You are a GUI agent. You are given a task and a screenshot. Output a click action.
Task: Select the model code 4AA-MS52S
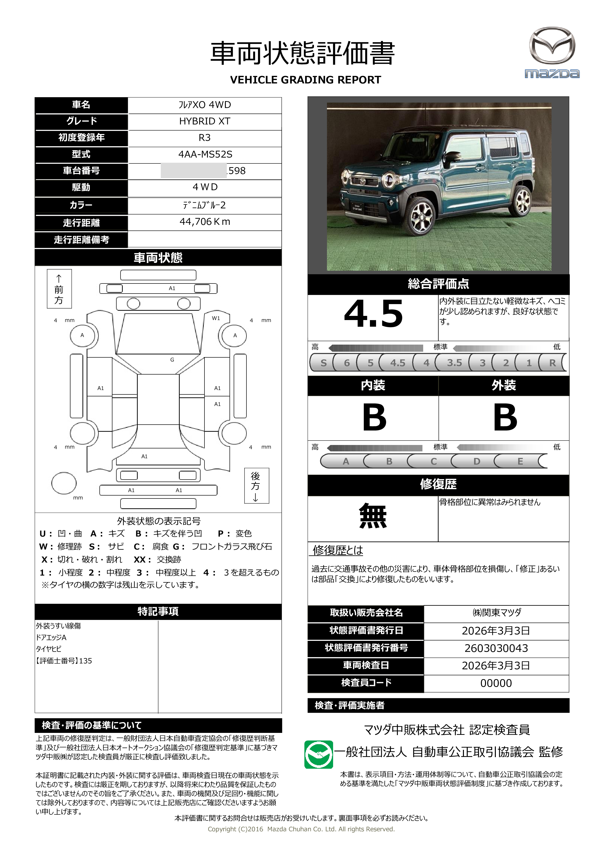205,154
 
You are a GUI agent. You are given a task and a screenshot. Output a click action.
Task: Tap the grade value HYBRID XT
205,121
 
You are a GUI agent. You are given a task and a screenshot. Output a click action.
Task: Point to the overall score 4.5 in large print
373,314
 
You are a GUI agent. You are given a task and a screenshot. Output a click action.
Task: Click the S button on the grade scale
323,363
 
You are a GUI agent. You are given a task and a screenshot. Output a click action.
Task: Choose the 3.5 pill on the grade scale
454,363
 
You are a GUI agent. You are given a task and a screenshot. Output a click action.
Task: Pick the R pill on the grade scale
552,363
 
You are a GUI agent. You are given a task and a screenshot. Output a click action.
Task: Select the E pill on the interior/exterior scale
520,461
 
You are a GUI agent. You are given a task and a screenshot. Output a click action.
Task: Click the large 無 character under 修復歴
373,516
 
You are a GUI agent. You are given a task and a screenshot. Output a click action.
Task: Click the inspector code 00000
496,683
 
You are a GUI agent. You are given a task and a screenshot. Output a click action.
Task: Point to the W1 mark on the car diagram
216,318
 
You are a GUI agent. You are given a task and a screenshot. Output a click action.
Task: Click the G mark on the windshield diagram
172,360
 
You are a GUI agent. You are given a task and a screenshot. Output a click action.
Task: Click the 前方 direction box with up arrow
59,289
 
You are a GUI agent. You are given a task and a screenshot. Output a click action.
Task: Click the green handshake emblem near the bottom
318,754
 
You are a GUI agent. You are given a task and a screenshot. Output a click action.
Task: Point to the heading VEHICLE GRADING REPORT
305,80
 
